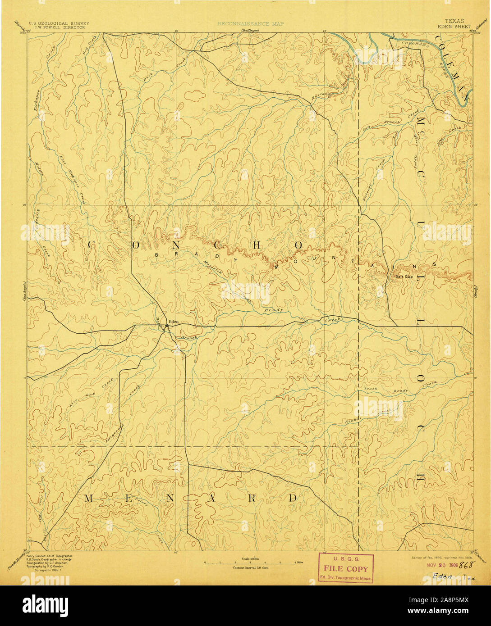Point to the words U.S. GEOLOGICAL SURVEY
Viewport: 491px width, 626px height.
[59, 23]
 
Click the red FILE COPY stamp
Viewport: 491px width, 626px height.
[346, 569]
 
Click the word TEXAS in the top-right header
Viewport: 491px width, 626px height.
[454, 21]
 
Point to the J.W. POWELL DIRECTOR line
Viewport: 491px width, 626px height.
[59, 27]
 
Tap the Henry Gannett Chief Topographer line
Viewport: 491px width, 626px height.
[49, 557]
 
